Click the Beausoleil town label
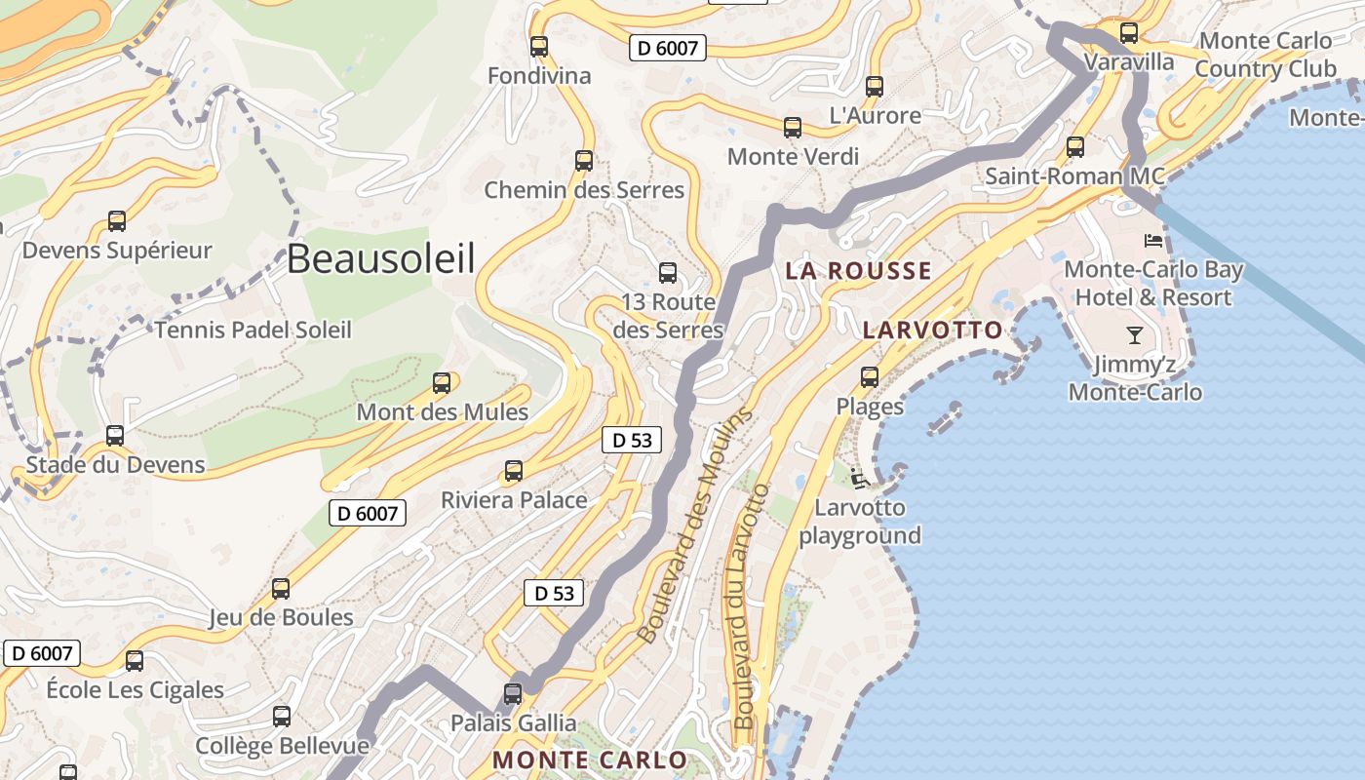point(381,259)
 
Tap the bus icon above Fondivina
point(538,46)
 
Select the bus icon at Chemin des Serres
point(584,160)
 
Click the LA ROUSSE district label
point(859,271)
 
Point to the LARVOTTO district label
point(932,330)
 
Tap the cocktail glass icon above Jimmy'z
point(1135,335)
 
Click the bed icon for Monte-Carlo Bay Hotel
point(1153,240)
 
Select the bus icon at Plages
point(870,376)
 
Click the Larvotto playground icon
point(858,478)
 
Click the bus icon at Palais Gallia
point(513,693)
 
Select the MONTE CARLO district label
point(589,760)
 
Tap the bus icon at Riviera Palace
point(514,471)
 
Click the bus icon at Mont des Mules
point(442,382)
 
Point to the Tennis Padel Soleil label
point(253,330)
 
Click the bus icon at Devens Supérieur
point(117,221)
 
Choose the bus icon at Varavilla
point(1129,33)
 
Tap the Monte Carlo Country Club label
point(1265,56)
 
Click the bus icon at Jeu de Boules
point(281,588)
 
